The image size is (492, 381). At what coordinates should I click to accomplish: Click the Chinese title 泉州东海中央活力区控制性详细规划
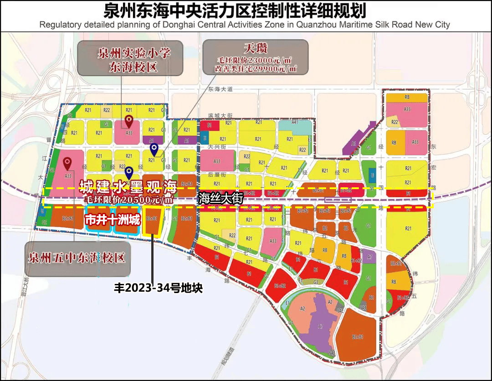[x=235, y=10]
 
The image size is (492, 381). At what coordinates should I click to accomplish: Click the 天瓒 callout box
[x=255, y=57]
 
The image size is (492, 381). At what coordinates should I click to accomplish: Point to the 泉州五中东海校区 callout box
[x=77, y=258]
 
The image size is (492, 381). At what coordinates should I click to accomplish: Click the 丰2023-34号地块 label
[x=158, y=288]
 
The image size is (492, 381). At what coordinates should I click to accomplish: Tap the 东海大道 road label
[x=220, y=90]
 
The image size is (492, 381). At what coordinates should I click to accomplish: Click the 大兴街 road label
[x=214, y=147]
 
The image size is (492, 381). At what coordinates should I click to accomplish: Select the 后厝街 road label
[x=214, y=175]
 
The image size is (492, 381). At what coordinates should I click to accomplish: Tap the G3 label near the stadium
[x=315, y=282]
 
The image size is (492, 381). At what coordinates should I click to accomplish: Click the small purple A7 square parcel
[x=370, y=257]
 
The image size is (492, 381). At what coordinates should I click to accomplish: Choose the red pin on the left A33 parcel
[x=67, y=162]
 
